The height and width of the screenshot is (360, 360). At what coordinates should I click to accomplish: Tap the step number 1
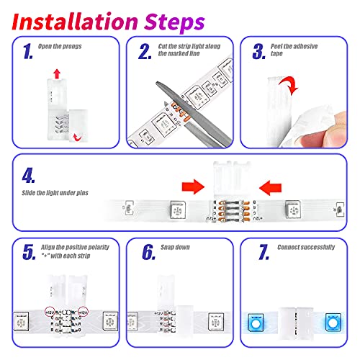[27, 52]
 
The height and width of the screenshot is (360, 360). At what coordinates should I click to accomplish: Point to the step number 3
[258, 52]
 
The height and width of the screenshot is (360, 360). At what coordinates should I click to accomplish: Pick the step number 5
[27, 252]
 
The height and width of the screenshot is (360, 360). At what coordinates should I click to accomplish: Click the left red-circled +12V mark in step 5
[50, 314]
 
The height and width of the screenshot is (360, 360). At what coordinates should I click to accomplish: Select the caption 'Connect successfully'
[305, 247]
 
